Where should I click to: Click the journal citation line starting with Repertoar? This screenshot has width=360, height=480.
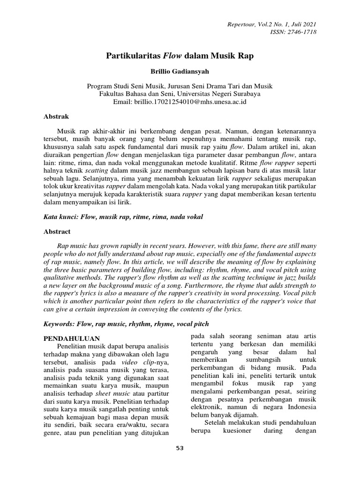coord(277,24)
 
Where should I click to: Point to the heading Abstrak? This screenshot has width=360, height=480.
coord(56,115)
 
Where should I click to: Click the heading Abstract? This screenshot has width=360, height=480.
coord(57,231)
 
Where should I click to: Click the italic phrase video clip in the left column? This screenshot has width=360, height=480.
coord(135,363)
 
